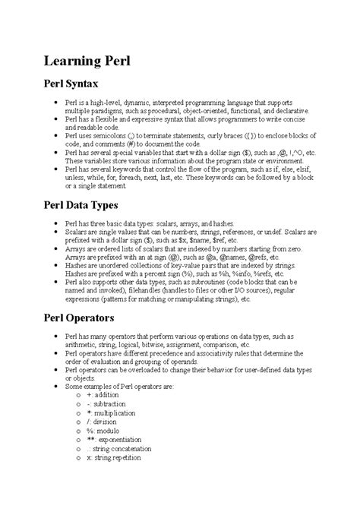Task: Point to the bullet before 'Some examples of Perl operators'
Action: pyautogui.click(x=51, y=386)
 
